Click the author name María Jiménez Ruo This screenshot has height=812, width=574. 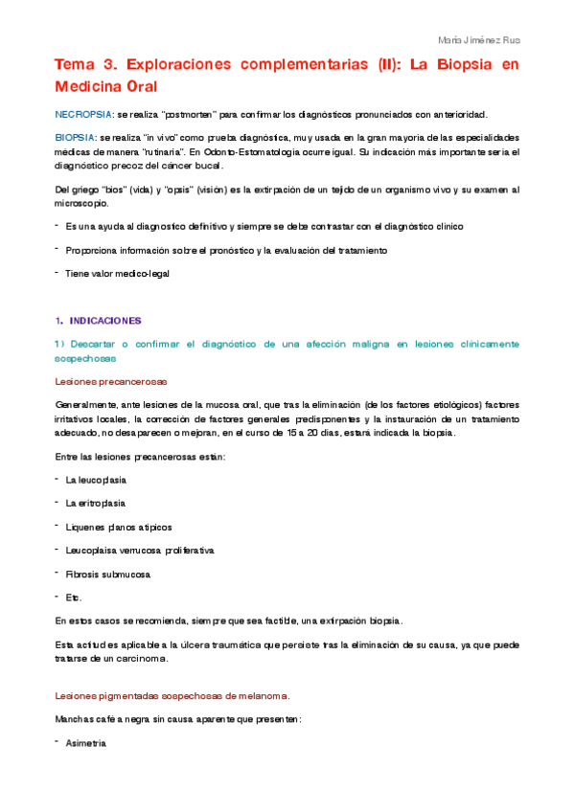tap(477, 40)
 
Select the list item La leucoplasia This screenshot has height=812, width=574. tap(96, 479)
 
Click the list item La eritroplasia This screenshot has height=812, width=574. tap(95, 503)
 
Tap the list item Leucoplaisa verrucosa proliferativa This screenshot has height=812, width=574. tap(140, 551)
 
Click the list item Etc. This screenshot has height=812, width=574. tap(74, 598)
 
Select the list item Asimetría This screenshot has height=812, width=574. tap(86, 743)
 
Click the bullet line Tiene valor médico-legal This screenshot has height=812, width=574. tap(117, 273)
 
